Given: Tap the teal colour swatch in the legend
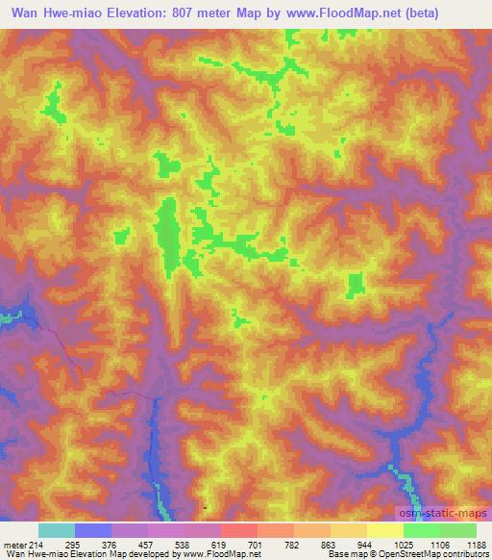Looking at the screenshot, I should tap(57, 531).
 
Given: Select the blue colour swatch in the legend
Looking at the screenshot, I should tap(93, 531).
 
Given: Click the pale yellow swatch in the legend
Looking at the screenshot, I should tap(384, 531).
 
